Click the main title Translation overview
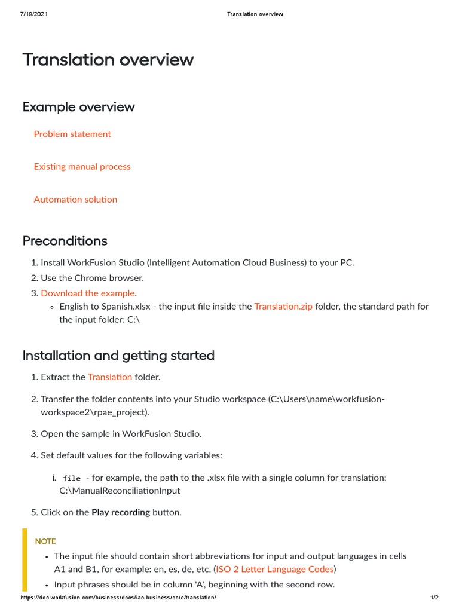tap(108, 60)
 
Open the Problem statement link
tap(72, 134)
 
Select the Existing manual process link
tap(82, 166)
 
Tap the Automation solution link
tap(75, 199)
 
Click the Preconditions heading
tap(65, 241)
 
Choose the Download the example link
tap(88, 293)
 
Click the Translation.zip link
tap(283, 306)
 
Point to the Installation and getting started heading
tap(118, 356)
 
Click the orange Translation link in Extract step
tap(110, 377)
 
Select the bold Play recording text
tap(120, 512)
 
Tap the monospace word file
tap(72, 478)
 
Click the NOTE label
tap(45, 541)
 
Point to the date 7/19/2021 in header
tap(34, 14)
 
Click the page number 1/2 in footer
tap(434, 598)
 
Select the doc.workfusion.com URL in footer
tap(118, 598)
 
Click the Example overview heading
tap(78, 107)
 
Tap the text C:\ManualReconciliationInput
tap(120, 491)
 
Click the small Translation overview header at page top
tap(255, 14)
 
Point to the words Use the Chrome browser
tap(92, 278)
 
